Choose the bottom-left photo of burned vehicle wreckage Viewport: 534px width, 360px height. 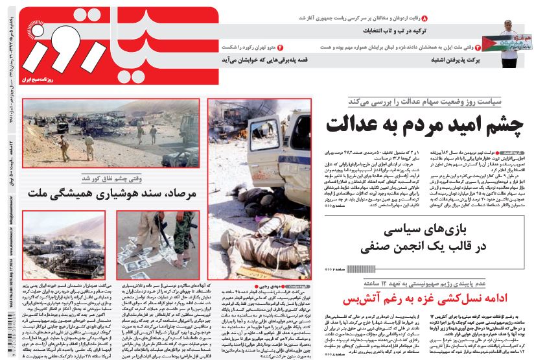[x=64, y=243]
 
